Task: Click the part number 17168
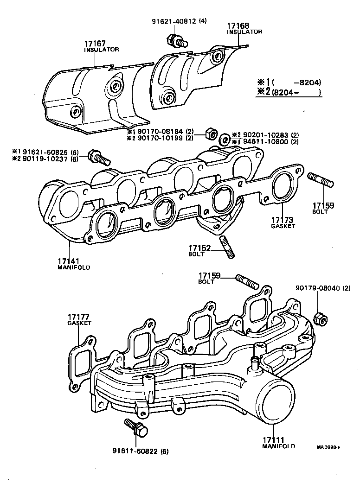pyautogui.click(x=238, y=26)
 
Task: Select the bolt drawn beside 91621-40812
pyautogui.click(x=177, y=41)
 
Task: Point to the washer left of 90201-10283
pyautogui.click(x=224, y=138)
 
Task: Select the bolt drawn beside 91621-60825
pyautogui.click(x=98, y=158)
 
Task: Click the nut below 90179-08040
pyautogui.click(x=319, y=318)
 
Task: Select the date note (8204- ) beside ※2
pyautogui.click(x=297, y=92)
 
